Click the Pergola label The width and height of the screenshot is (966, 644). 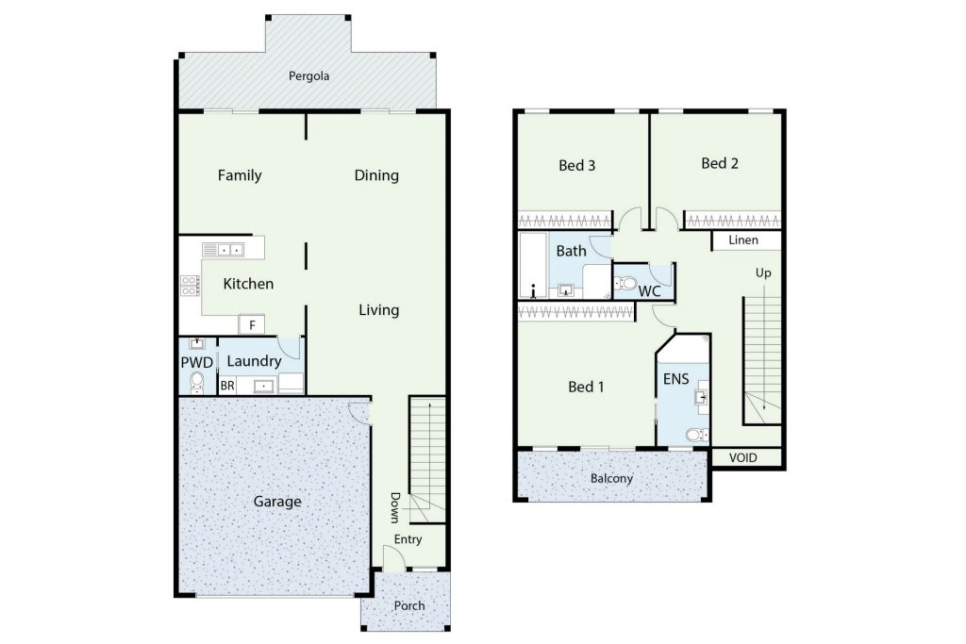[x=308, y=76]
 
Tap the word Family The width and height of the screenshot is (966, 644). [x=240, y=175]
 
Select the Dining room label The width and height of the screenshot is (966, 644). [x=376, y=175]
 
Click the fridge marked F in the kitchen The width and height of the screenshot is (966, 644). [x=252, y=324]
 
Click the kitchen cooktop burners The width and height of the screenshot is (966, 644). [x=190, y=285]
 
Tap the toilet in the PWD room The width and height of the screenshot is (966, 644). [x=196, y=382]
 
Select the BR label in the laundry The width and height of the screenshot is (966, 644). [x=227, y=386]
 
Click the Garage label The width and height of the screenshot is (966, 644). [x=277, y=502]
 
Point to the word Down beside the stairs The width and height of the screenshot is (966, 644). [x=395, y=507]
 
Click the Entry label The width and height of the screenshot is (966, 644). [x=408, y=539]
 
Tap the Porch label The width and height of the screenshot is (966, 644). [x=409, y=606]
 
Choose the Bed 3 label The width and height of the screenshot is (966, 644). [x=576, y=166]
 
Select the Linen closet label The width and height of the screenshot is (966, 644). [x=743, y=240]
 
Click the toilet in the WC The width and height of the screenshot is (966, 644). [x=625, y=284]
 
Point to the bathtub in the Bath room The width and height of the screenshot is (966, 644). [x=533, y=265]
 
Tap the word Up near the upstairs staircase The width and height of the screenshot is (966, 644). [x=763, y=273]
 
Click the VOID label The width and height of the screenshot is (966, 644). [x=743, y=458]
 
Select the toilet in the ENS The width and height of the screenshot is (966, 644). [x=697, y=436]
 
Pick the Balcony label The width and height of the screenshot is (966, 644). [x=611, y=479]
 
